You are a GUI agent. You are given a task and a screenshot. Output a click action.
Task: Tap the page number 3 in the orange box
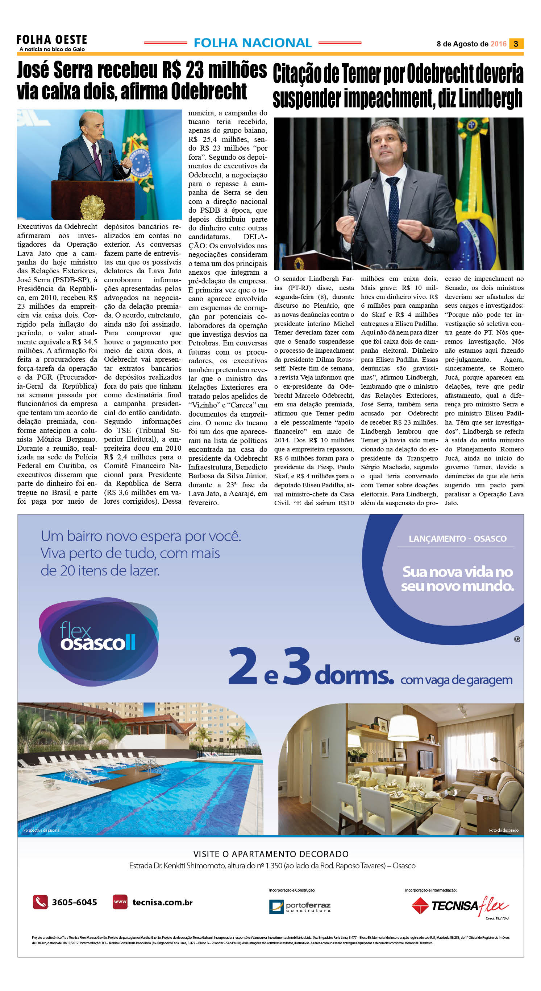(516, 44)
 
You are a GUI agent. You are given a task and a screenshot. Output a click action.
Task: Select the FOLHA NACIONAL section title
(253, 43)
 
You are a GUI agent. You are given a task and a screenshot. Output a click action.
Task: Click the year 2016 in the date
(498, 44)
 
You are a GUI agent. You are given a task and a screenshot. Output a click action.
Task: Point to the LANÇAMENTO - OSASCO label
(457, 539)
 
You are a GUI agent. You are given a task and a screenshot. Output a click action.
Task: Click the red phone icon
(40, 902)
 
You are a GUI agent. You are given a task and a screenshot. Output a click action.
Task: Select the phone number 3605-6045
(75, 902)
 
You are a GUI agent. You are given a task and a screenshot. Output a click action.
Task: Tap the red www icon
(120, 902)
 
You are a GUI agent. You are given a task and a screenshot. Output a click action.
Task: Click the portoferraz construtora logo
(300, 907)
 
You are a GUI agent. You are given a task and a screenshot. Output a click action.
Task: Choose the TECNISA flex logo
(460, 906)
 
